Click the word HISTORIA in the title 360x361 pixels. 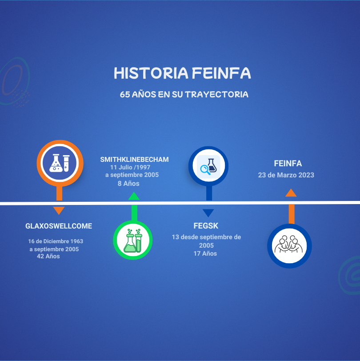(151, 73)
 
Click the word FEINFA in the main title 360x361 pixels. (221, 73)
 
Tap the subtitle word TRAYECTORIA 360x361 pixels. (216, 94)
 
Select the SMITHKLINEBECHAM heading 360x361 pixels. (134, 159)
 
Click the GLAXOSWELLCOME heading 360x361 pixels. (59, 226)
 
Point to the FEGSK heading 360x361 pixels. (206, 226)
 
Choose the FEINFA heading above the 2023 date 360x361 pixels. (288, 164)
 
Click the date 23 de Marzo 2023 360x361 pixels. (286, 175)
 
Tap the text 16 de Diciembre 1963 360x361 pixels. (56, 241)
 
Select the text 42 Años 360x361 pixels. (48, 256)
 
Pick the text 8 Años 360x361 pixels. (128, 184)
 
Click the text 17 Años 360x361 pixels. (205, 253)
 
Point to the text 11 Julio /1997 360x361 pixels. (130, 167)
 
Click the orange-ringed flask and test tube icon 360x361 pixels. (60, 163)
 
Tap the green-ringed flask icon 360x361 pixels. (133, 240)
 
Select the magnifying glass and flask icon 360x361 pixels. (208, 166)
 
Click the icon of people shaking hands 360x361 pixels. (289, 246)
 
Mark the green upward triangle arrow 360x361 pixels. (134, 197)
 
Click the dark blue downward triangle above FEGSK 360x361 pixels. (208, 213)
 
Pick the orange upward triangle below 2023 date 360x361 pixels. (291, 193)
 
